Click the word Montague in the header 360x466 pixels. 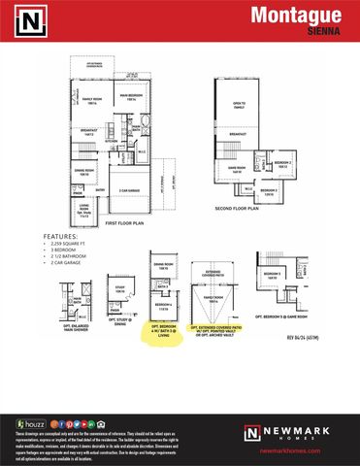[296, 15]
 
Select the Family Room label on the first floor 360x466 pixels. [91, 100]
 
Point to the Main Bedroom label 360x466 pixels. [129, 98]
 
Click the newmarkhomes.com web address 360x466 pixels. [293, 450]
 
